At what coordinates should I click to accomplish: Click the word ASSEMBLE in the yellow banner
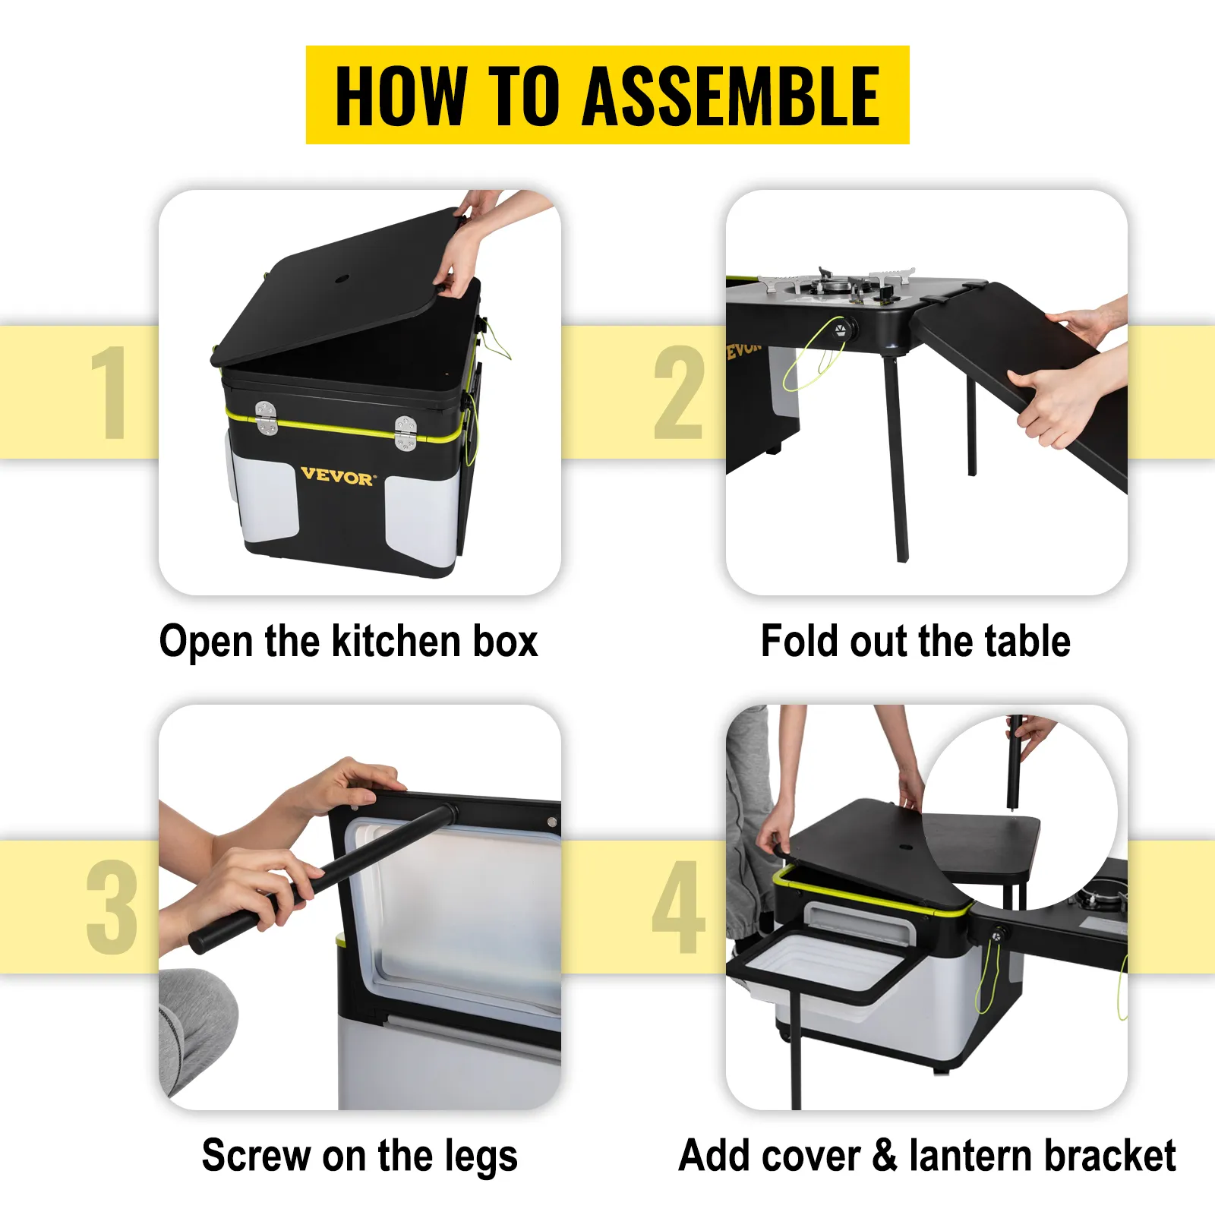pyautogui.click(x=731, y=96)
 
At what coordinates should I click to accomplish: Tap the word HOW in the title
pyautogui.click(x=400, y=96)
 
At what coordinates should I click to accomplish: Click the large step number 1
pyautogui.click(x=110, y=392)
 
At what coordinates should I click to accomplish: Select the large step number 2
pyautogui.click(x=678, y=392)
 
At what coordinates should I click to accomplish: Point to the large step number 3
pyautogui.click(x=112, y=907)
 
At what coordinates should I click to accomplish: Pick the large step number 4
pyautogui.click(x=678, y=907)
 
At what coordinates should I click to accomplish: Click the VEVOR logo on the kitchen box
pyautogui.click(x=338, y=477)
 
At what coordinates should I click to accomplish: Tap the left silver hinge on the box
pyautogui.click(x=266, y=418)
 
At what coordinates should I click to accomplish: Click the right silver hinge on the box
pyautogui.click(x=406, y=433)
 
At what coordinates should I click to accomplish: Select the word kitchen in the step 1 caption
pyautogui.click(x=396, y=642)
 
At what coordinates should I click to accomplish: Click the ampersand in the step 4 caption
pyautogui.click(x=885, y=1157)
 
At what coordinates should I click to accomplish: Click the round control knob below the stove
pyautogui.click(x=841, y=331)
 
